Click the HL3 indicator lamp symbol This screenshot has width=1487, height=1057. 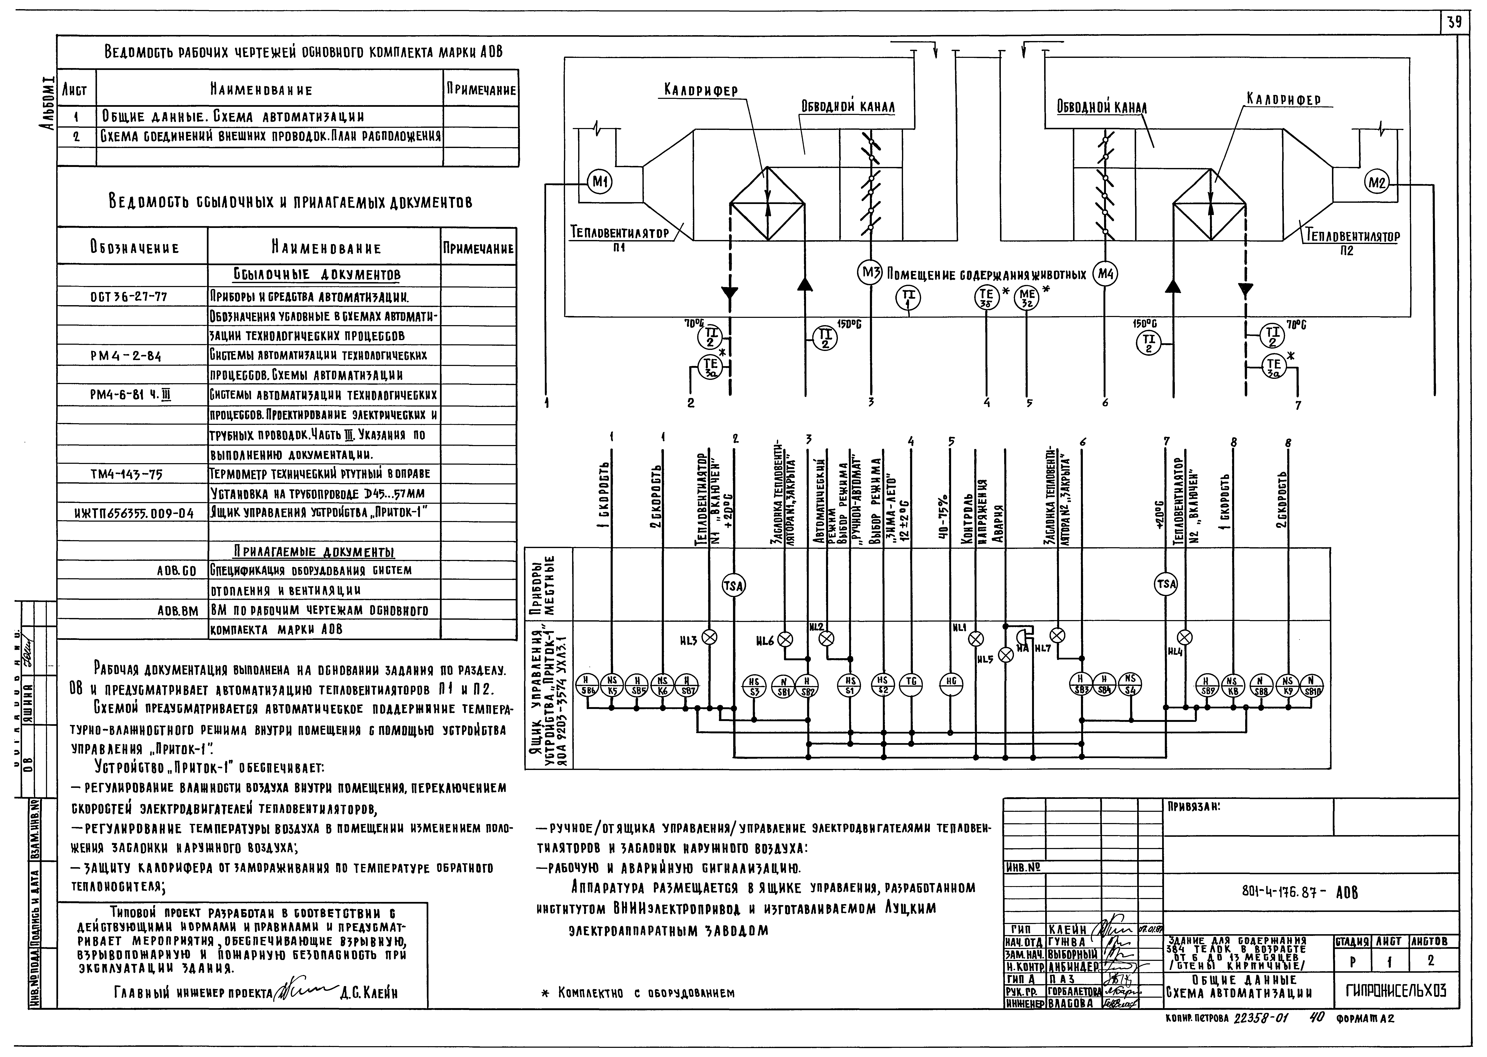tap(710, 638)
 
